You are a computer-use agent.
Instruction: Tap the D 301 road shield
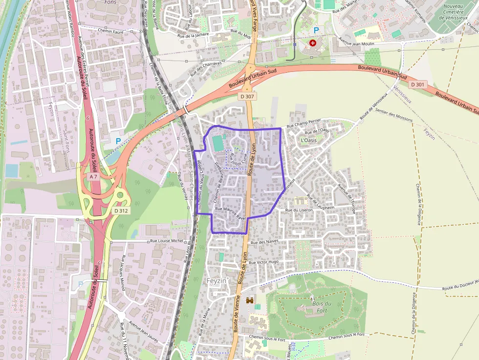(418, 85)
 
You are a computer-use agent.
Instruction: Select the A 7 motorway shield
(93, 176)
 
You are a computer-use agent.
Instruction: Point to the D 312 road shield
(121, 211)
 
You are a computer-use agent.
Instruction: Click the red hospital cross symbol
(313, 43)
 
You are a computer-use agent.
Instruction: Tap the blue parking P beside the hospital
(316, 30)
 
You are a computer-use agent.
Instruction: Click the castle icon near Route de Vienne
(250, 301)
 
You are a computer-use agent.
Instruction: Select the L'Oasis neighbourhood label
(309, 140)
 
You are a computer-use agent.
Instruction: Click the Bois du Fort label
(321, 306)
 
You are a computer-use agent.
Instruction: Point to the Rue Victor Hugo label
(263, 262)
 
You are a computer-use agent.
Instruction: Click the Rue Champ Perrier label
(304, 126)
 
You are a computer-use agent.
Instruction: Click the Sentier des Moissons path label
(394, 115)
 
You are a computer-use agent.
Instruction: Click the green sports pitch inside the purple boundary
(217, 144)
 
